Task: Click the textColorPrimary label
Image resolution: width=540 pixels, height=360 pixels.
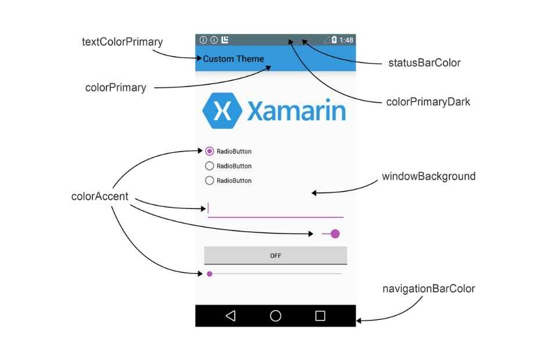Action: click(x=123, y=42)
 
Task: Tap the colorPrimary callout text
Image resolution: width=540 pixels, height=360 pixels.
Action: click(x=116, y=88)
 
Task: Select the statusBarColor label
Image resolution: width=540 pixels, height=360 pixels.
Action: click(x=424, y=63)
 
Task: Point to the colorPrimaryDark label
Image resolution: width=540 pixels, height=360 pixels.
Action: click(x=428, y=102)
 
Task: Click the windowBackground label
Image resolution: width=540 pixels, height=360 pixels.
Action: click(x=429, y=176)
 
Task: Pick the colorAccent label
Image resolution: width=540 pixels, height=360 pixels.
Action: click(x=100, y=196)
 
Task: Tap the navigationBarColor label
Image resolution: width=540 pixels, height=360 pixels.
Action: click(x=429, y=289)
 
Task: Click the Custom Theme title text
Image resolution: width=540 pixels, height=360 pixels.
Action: click(x=233, y=59)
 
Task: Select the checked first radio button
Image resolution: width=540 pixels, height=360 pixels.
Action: click(x=210, y=152)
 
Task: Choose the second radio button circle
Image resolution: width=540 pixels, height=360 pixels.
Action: click(x=210, y=166)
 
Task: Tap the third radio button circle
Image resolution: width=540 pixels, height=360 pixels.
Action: click(x=210, y=181)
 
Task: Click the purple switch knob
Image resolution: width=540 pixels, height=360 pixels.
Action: click(x=335, y=234)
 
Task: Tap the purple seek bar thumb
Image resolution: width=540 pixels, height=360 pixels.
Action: click(x=210, y=273)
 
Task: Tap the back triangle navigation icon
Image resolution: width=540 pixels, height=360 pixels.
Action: click(x=231, y=316)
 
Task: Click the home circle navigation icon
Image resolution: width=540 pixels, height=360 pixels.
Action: click(x=276, y=316)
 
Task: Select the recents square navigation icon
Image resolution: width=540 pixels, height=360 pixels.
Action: click(x=320, y=316)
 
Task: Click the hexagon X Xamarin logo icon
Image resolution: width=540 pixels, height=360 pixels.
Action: click(x=222, y=110)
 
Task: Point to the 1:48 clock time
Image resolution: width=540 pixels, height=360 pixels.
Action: click(x=346, y=40)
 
